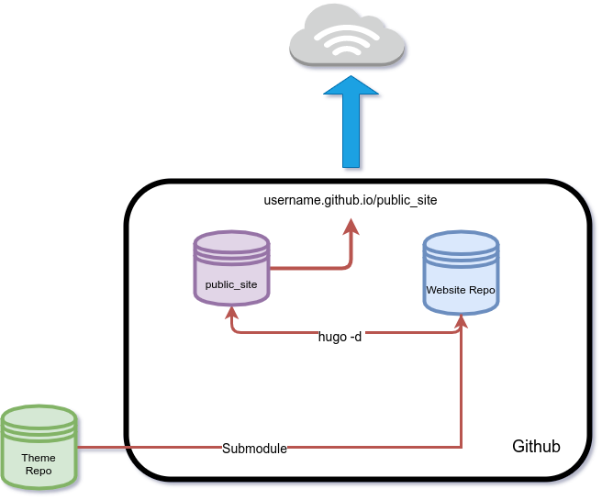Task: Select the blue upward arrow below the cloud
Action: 351,124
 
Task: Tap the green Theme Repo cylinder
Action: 39,447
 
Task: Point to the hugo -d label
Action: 340,336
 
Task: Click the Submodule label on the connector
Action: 254,449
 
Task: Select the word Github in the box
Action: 536,447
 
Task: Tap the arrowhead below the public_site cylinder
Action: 231,311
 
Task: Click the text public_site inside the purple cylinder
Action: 231,284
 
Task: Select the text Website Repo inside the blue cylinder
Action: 461,289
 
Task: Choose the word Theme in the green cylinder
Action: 39,458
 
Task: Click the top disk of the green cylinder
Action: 39,414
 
